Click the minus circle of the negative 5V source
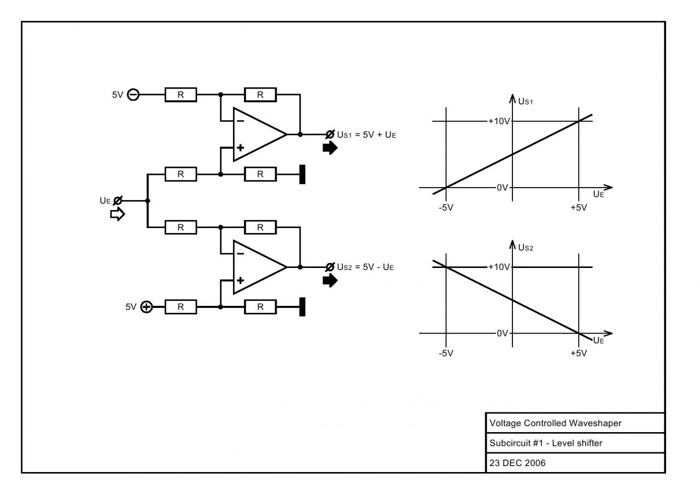(132, 95)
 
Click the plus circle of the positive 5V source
(147, 307)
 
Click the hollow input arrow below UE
(118, 215)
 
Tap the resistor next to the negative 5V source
(180, 95)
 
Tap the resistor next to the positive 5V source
(180, 307)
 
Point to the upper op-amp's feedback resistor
(260, 95)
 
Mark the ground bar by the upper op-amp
(302, 174)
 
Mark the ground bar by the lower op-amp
(302, 307)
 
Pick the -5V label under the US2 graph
(446, 353)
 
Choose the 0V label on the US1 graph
(502, 188)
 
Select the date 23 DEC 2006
(515, 462)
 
